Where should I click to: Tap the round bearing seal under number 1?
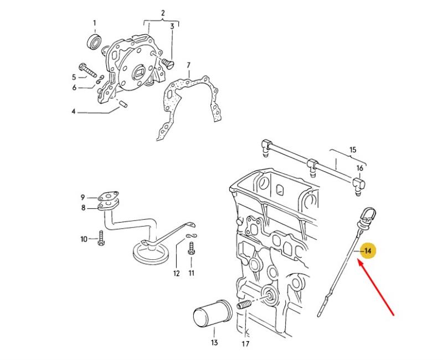click(x=95, y=41)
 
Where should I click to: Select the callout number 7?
click(x=188, y=65)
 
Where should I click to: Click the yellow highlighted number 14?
click(x=368, y=251)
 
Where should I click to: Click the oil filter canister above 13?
click(x=211, y=316)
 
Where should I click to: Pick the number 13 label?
click(x=214, y=343)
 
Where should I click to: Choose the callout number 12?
click(x=177, y=273)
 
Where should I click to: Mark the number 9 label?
click(x=83, y=197)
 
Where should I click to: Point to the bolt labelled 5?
click(x=87, y=70)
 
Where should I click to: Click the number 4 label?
click(x=73, y=112)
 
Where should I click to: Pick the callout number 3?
click(x=172, y=26)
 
